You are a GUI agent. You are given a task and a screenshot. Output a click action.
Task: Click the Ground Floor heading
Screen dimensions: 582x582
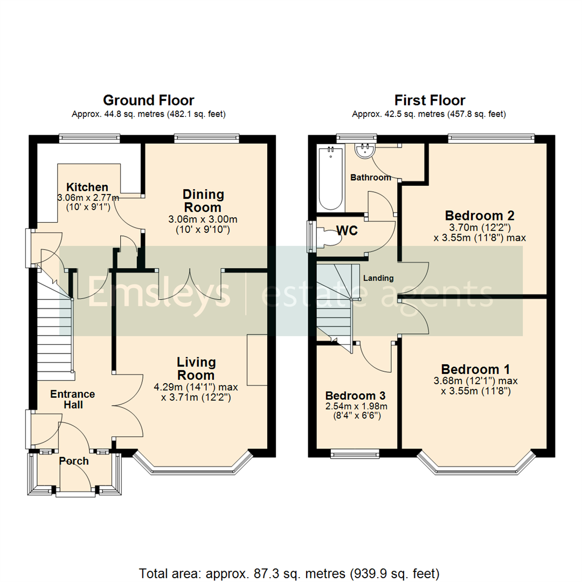click(148, 100)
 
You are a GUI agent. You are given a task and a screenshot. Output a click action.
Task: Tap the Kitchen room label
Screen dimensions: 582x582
click(84, 188)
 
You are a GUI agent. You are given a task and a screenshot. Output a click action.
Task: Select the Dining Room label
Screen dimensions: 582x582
click(203, 201)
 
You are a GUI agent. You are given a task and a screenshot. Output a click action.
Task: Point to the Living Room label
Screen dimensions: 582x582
click(196, 369)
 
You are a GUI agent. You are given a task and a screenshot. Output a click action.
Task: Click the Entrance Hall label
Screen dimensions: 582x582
click(72, 399)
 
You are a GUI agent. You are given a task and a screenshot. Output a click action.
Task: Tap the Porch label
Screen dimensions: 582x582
click(74, 461)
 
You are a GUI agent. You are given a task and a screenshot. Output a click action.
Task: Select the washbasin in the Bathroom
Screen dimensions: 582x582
click(365, 150)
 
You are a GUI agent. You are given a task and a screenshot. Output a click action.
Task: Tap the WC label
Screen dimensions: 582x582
click(348, 231)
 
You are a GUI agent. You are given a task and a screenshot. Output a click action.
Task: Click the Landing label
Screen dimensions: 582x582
click(378, 279)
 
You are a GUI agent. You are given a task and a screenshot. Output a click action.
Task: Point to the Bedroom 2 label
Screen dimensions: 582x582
click(480, 216)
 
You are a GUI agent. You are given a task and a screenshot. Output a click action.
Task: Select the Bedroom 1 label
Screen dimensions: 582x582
click(475, 370)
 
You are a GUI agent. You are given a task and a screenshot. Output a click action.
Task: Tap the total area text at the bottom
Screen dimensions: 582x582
click(289, 572)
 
